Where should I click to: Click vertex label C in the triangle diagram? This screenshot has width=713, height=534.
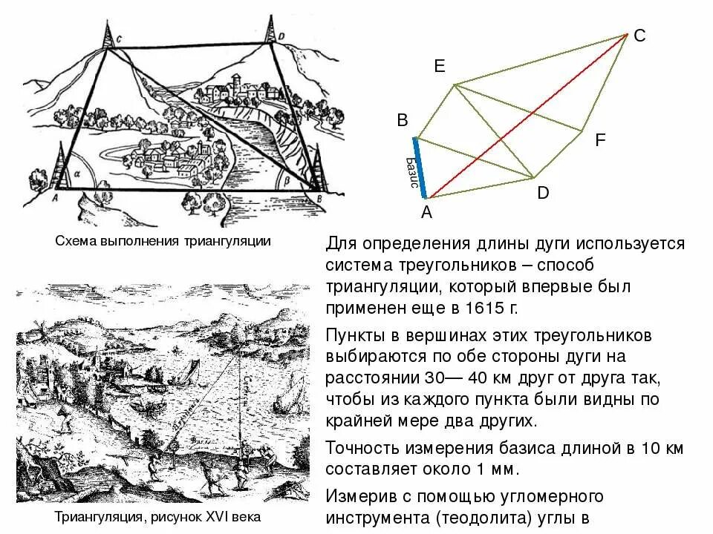(x=639, y=36)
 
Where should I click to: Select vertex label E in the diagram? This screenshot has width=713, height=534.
(x=440, y=67)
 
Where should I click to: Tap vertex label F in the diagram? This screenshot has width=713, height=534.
(x=600, y=139)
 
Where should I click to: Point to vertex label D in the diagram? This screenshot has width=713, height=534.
(x=543, y=193)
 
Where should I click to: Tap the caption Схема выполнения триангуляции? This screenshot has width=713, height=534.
(x=163, y=241)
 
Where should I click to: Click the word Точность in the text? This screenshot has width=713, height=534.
(x=363, y=448)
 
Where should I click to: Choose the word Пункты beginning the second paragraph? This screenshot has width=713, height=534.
(x=357, y=335)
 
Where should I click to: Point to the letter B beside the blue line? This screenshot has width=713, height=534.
(x=403, y=120)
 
